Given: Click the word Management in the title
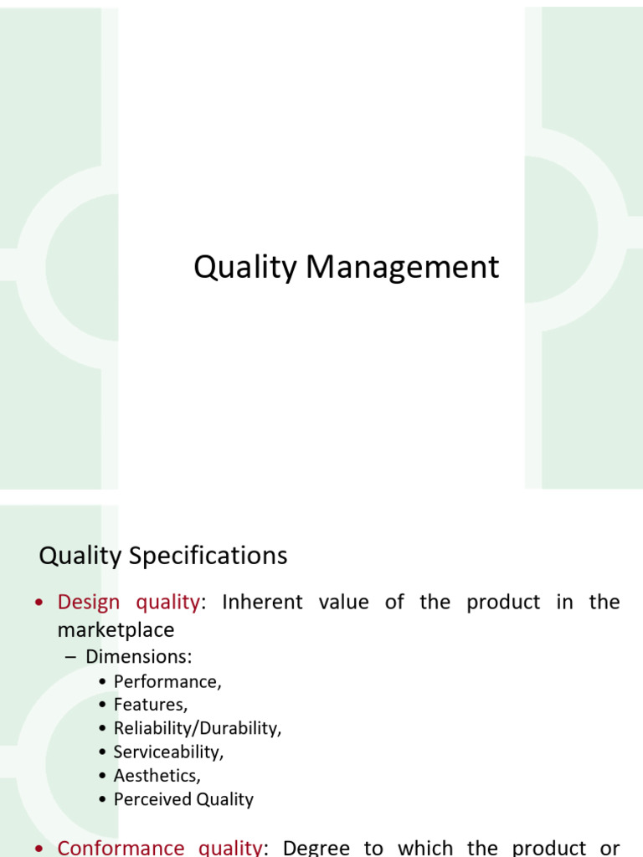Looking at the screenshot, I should (x=402, y=268).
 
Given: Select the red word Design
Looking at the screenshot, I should (x=89, y=602).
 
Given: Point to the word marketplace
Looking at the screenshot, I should (x=116, y=629).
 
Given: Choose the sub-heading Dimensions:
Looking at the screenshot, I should (x=139, y=657).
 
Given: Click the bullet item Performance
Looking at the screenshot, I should (x=167, y=682).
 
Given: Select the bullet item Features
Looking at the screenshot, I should (x=151, y=706).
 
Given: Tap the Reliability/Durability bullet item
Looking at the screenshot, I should (x=198, y=729).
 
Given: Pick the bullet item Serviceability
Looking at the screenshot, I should (x=168, y=752).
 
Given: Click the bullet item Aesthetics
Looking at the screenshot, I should (x=157, y=776).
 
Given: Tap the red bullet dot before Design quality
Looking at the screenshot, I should (x=39, y=603).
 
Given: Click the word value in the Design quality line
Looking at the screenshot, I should (x=343, y=602).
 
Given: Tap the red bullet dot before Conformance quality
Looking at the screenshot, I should (x=39, y=849).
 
